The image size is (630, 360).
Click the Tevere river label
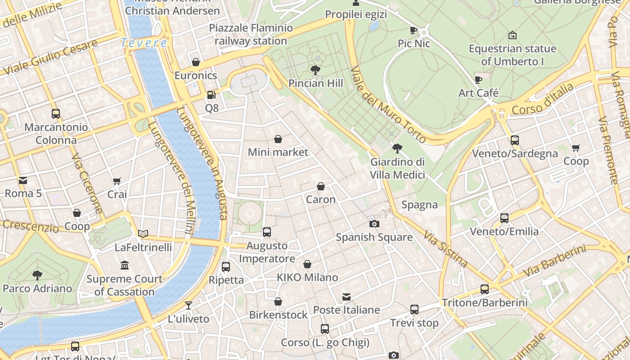144,43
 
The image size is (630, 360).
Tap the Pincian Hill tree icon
315,70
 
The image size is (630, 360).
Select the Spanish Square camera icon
374,224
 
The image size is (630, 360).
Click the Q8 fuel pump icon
211,95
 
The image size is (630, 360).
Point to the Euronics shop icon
196,62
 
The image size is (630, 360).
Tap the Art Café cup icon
478,80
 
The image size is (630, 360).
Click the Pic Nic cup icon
414,31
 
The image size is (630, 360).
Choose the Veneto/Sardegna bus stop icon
515,140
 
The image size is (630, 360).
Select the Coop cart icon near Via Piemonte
576,148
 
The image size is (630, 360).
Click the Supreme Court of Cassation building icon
125,265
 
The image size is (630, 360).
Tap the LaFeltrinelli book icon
143,234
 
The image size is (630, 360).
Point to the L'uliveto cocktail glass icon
189,306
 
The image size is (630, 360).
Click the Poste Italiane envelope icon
346,297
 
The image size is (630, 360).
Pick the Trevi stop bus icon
414,310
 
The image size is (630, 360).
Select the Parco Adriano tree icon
37,275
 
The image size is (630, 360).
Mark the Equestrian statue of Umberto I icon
512,35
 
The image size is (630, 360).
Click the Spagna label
419,205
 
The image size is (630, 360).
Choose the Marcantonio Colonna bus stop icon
56,114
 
